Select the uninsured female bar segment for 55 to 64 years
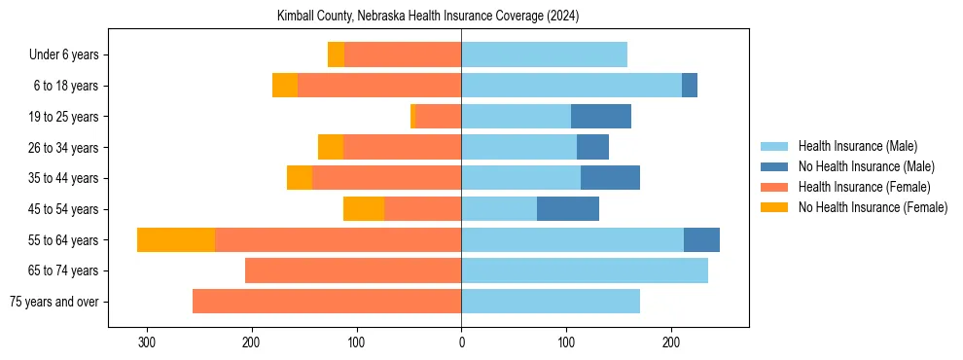(176, 239)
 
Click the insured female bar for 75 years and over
(327, 302)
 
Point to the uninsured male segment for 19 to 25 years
(601, 117)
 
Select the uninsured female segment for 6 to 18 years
(285, 86)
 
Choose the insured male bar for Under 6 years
(544, 54)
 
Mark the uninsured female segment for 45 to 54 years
(364, 209)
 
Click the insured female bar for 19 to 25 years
(438, 117)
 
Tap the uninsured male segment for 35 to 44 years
(610, 178)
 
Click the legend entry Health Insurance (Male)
(857, 146)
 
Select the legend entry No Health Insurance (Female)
(873, 207)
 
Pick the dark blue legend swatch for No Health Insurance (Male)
(774, 166)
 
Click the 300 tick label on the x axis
(147, 342)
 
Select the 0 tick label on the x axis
(461, 342)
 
